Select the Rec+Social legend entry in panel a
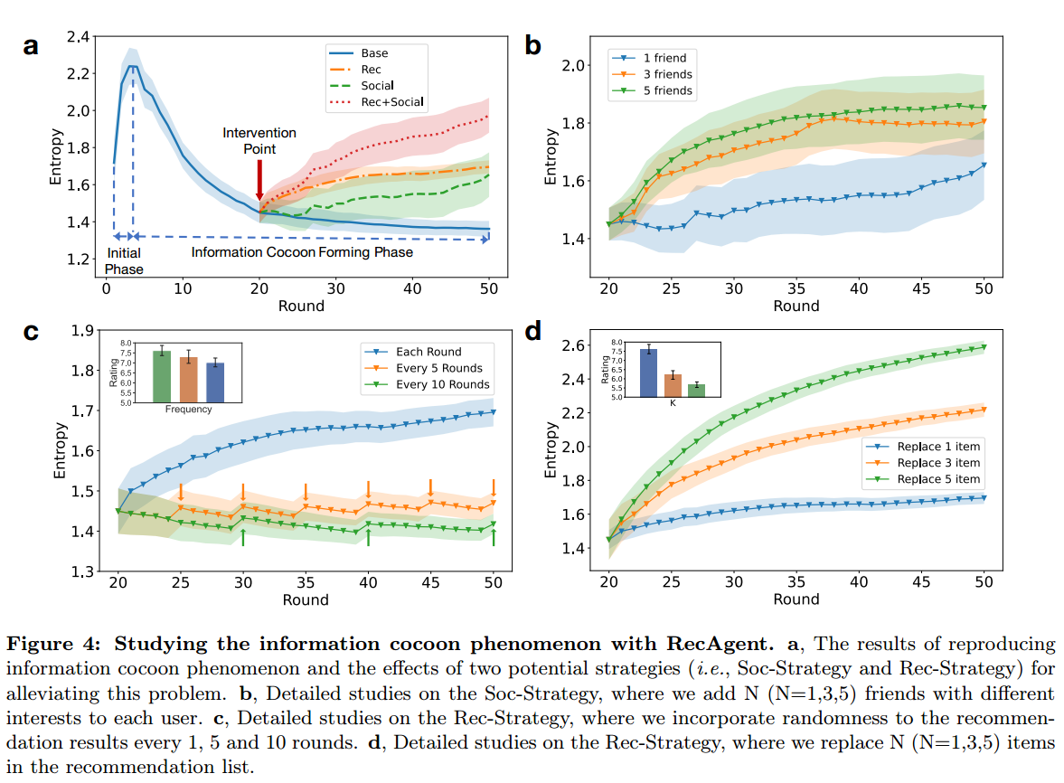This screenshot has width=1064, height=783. pos(391,102)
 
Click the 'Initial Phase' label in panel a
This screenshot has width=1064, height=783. pos(123,261)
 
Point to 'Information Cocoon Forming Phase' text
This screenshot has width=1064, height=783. pos(302,252)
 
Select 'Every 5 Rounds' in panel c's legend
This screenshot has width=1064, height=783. pos(438,368)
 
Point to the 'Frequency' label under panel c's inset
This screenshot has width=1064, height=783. pos(188,409)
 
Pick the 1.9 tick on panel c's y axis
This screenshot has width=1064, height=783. pos(82,331)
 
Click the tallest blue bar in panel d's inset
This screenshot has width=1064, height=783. pos(648,373)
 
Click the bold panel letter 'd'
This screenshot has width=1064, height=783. pos(532,332)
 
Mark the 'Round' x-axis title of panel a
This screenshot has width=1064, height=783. pos(301,306)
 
